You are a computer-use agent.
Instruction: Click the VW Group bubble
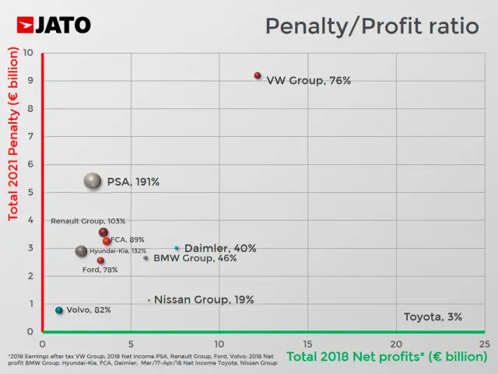258,75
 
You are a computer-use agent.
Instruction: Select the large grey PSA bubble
93,181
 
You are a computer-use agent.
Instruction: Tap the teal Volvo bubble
58,310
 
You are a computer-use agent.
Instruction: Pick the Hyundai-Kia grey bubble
81,251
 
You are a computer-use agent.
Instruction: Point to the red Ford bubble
100,260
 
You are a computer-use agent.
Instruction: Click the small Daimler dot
177,248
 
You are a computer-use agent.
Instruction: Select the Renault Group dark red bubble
103,232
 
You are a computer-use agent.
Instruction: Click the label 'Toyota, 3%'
433,316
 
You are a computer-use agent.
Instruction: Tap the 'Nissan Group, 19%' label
204,299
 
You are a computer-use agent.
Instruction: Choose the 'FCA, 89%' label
127,239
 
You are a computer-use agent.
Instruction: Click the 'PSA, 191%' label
133,182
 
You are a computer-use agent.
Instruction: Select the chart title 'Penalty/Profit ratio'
372,26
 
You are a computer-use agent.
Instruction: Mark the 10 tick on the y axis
29,53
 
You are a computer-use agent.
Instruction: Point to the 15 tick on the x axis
307,343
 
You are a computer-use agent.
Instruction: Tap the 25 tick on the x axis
484,343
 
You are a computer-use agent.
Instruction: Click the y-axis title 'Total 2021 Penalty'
12,133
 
